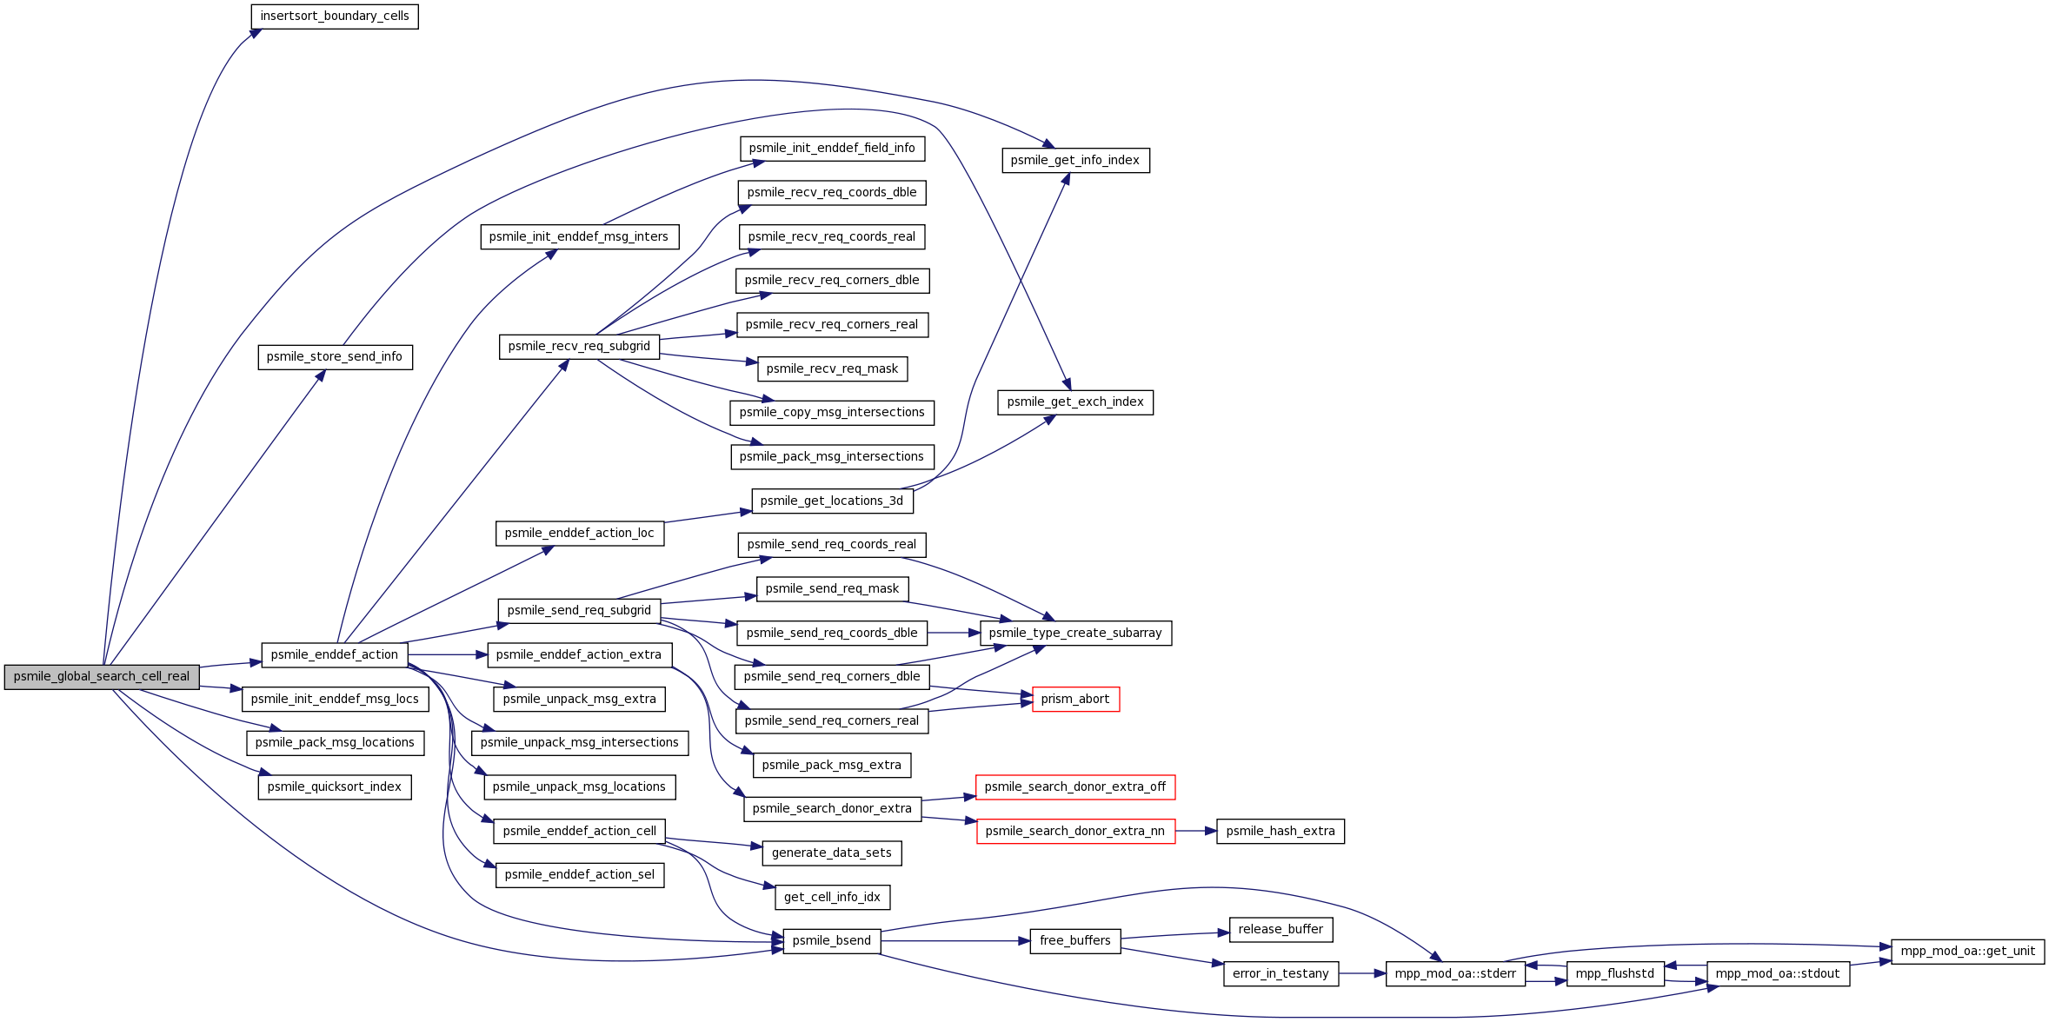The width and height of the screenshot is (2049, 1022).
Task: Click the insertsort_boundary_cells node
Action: click(335, 17)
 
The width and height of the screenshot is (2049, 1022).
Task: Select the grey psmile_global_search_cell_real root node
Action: click(102, 677)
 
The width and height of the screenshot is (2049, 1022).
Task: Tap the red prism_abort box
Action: click(1075, 700)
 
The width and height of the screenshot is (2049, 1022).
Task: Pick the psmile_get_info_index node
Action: click(1075, 161)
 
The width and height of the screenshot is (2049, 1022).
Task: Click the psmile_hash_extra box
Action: click(1281, 832)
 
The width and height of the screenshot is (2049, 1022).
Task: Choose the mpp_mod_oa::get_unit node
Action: click(1967, 952)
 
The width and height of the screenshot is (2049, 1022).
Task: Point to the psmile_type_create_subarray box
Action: click(1075, 634)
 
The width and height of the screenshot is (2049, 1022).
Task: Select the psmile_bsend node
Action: click(832, 941)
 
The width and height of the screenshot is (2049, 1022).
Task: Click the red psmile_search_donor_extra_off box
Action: click(1075, 787)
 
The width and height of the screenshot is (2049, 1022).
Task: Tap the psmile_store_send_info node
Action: click(335, 357)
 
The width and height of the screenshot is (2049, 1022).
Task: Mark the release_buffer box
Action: click(1281, 930)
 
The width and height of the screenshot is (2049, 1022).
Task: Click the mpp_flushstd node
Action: click(1615, 974)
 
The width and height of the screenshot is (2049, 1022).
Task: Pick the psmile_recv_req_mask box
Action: click(832, 369)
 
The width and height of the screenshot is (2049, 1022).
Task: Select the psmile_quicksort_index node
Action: click(335, 787)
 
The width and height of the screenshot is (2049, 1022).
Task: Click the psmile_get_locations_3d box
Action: click(832, 501)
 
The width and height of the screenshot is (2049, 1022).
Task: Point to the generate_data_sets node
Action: click(832, 853)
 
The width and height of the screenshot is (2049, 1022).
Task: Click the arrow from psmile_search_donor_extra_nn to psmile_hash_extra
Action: click(1196, 832)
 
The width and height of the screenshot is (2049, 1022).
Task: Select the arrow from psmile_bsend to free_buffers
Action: click(955, 941)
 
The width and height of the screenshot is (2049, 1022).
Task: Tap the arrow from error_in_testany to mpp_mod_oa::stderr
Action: click(1362, 974)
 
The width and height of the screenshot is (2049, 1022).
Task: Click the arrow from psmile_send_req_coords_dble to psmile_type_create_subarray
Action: click(955, 634)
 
